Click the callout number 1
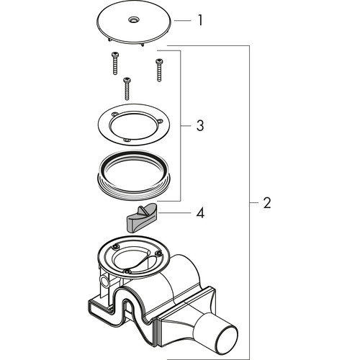pyautogui.click(x=200, y=20)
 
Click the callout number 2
pyautogui.click(x=267, y=203)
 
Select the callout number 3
pyautogui.click(x=200, y=125)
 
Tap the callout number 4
pyautogui.click(x=200, y=213)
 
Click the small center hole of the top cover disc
pyautogui.click(x=132, y=19)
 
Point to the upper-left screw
pyautogui.click(x=115, y=63)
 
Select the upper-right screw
pyautogui.click(x=159, y=70)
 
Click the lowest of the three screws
pyautogui.click(x=127, y=89)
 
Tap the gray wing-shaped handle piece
pyautogui.click(x=142, y=217)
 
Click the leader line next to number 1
pyautogui.click(x=182, y=21)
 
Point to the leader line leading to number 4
pyautogui.click(x=175, y=213)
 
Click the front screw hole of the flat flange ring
pyautogui.click(x=127, y=140)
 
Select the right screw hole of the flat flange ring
pyautogui.click(x=159, y=121)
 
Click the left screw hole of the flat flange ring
pyautogui.click(x=115, y=114)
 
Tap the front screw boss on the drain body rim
pyautogui.click(x=127, y=271)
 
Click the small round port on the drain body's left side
pyautogui.click(x=104, y=281)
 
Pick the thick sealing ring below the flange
pyautogui.click(x=134, y=175)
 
